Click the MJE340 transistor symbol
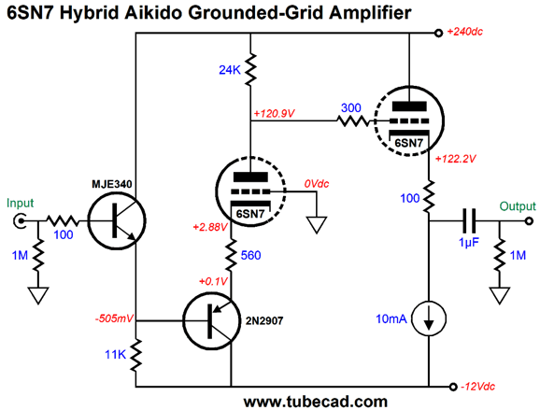point(117,220)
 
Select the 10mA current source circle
point(429,318)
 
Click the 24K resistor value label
point(230,70)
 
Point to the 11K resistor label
point(115,354)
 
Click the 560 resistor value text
point(250,255)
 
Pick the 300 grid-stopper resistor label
point(351,107)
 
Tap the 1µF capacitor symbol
point(468,220)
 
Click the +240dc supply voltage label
point(465,32)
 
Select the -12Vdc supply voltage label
point(478,387)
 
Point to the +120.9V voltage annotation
point(274,113)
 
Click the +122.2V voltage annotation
point(456,159)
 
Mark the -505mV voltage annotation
point(114,318)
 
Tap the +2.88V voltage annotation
point(210,227)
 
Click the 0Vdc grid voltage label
point(317,183)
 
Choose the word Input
point(20,203)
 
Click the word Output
point(518,206)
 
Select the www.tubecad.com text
point(316,402)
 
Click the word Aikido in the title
point(153,13)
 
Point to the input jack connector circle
point(20,220)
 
